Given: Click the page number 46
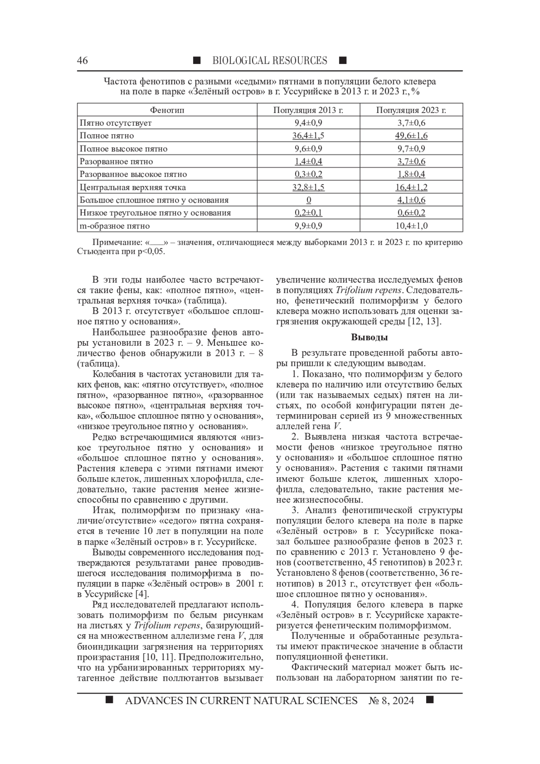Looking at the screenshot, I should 82,61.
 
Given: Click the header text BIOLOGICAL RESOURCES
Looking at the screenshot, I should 270,61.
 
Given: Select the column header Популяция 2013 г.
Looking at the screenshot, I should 308,110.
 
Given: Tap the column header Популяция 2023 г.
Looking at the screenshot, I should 411,110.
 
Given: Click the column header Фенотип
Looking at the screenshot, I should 167,110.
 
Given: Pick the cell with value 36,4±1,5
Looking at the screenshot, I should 308,136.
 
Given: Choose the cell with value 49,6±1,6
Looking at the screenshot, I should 411,136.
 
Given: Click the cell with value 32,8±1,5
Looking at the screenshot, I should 308,187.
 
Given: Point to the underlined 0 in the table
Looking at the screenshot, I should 308,200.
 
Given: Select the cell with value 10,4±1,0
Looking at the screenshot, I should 411,226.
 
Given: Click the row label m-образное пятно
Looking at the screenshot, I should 115,226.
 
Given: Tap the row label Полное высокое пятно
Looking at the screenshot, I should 123,149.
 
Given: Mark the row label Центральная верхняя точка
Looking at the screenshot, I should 132,187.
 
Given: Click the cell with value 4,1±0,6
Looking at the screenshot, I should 411,200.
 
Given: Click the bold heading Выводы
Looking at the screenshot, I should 369,337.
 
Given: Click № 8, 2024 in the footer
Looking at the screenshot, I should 391,701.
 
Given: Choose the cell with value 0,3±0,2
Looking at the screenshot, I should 308,174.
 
